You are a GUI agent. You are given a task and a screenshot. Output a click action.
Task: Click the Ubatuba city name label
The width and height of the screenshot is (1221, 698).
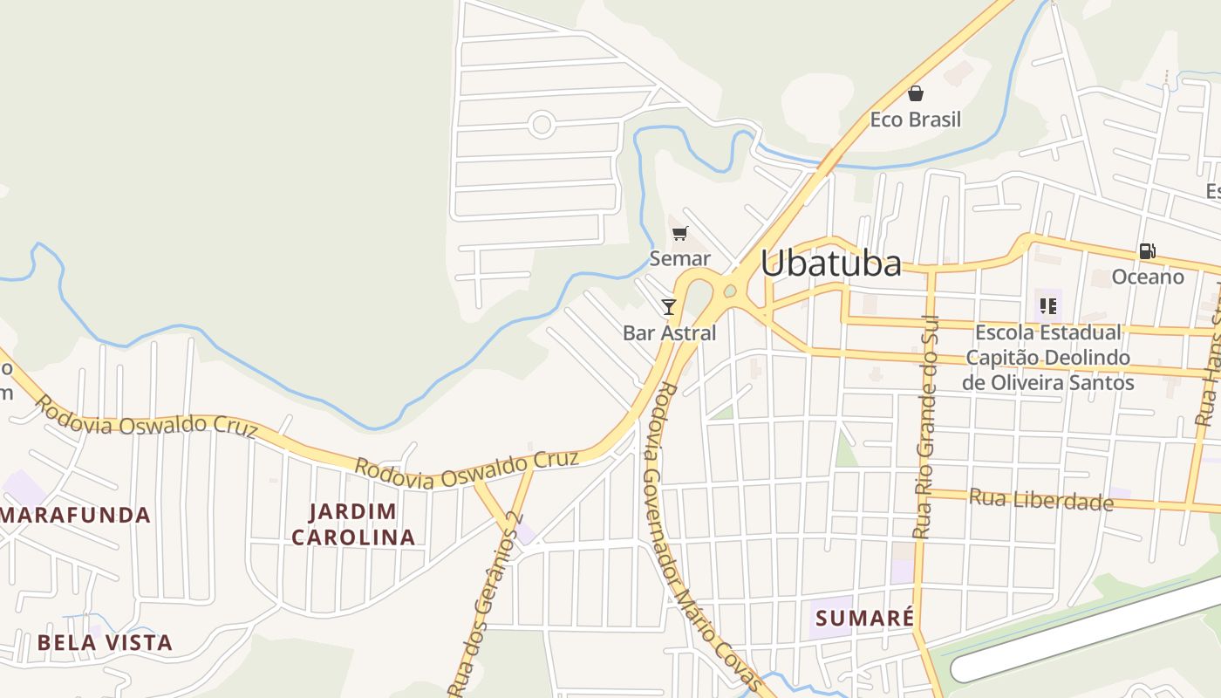830,263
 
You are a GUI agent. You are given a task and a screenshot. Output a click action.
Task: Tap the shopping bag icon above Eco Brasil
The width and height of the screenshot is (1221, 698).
916,93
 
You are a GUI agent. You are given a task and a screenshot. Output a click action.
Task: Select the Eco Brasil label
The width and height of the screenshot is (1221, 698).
916,120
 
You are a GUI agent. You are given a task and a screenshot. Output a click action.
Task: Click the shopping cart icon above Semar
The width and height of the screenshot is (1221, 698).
680,233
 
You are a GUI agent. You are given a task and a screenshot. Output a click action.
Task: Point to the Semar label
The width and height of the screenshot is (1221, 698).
680,258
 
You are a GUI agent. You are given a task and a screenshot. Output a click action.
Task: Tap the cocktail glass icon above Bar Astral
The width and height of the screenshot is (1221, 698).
669,306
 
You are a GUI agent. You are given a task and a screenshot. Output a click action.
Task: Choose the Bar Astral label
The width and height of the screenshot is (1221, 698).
670,332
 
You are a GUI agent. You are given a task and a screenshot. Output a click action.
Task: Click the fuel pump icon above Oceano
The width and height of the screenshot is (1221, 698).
1147,251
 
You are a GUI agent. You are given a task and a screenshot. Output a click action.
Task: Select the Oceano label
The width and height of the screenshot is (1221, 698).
1148,277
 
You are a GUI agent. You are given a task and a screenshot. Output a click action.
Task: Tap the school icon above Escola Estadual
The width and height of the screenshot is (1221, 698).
1047,306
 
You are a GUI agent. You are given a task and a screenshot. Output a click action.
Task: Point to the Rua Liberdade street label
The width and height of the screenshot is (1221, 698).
1041,500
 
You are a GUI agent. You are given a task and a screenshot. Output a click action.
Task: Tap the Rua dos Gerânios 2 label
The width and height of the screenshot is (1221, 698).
487,602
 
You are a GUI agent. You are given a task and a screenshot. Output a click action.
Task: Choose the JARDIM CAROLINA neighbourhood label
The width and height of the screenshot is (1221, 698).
353,523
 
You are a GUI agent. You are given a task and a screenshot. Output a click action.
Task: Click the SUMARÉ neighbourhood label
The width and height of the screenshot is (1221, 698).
865,619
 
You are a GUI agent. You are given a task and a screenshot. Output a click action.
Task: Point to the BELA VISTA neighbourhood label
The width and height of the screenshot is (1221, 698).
105,643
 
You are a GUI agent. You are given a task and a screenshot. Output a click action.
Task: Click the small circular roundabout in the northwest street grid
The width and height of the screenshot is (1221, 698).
542,125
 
